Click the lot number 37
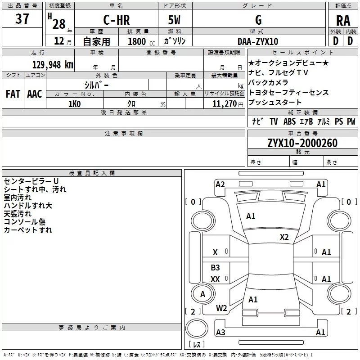(x=22, y=19)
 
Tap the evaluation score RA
(x=343, y=21)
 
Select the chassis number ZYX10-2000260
(x=302, y=143)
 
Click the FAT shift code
(x=13, y=94)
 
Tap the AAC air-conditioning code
(x=35, y=94)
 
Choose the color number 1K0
(x=75, y=103)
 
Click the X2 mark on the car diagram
(x=284, y=237)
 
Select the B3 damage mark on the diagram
(x=216, y=268)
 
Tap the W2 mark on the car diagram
(x=221, y=308)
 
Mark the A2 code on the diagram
(x=220, y=184)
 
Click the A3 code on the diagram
(x=220, y=333)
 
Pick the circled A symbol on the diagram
(x=202, y=294)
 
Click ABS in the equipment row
(x=289, y=121)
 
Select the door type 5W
(x=175, y=20)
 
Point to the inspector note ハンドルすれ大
(x=28, y=206)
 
